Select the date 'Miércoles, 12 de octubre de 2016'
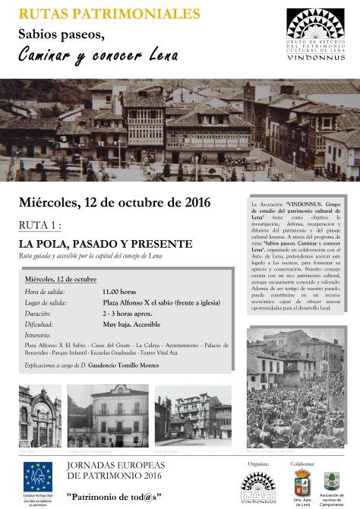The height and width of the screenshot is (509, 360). point(115,203)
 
